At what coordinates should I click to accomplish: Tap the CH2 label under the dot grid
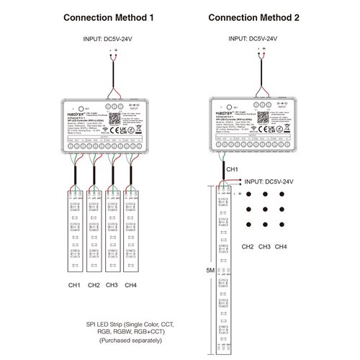[248, 247]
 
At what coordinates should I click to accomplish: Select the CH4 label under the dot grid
[281, 247]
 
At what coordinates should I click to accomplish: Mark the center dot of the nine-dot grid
[264, 212]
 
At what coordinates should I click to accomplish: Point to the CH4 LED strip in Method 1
[131, 238]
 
